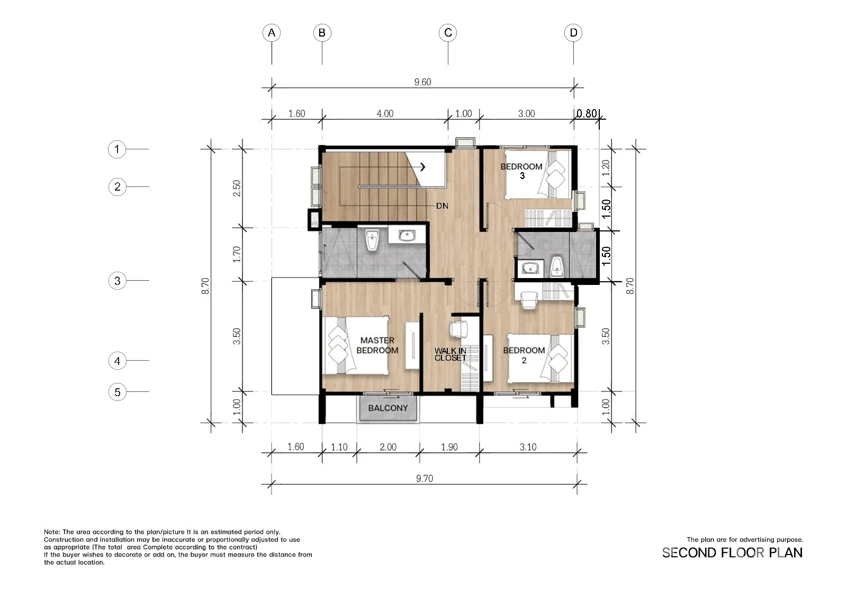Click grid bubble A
272,33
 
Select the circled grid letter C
448,33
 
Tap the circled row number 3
117,281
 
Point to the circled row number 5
117,392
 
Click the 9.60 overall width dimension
422,82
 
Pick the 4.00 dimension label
385,113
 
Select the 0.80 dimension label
587,113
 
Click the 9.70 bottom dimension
424,479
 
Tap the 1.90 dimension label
449,447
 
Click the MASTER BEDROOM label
377,345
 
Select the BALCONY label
388,408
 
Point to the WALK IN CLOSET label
450,354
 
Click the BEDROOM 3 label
521,171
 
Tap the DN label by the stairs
442,206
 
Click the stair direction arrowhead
423,166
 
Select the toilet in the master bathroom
372,240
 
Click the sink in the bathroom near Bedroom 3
530,269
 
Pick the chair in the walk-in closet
458,329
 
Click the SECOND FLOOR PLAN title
732,553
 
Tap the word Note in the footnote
51,532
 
